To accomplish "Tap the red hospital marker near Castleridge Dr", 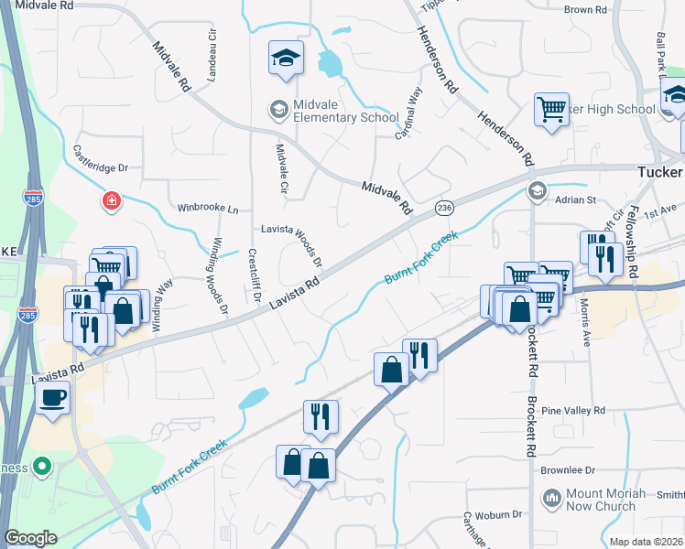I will [112, 200].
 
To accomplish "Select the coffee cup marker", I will [52, 397].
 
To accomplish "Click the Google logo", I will [31, 538].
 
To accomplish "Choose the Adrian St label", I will [577, 199].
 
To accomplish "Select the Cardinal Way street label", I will [407, 113].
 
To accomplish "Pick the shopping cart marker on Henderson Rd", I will [551, 110].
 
